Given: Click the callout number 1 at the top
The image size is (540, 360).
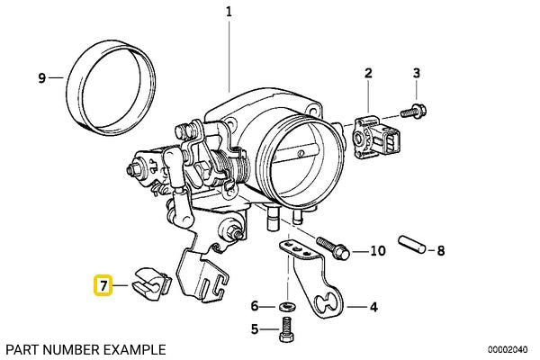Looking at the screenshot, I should (229, 13).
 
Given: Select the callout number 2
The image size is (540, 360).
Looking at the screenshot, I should (368, 73).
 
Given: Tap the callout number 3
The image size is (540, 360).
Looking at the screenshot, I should (416, 73).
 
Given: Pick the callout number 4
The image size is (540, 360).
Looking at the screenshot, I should (373, 307).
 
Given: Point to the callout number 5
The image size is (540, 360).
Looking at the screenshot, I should (254, 330).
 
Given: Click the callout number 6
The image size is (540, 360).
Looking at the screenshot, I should (254, 306).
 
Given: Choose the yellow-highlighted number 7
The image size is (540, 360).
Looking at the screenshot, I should (103, 287).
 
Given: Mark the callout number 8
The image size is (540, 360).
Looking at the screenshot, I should (440, 250).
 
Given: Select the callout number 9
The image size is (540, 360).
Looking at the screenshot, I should (41, 78).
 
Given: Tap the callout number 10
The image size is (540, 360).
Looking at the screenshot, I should (377, 250).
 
